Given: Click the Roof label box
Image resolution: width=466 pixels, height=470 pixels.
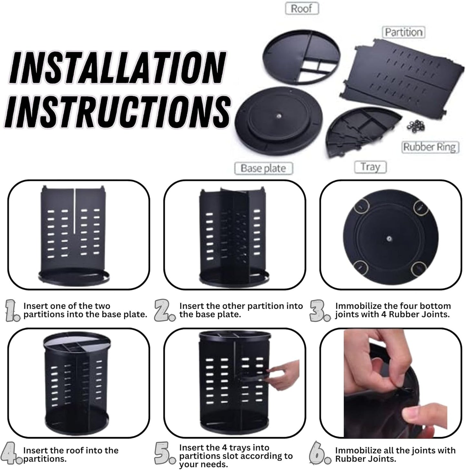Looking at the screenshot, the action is [x=302, y=8].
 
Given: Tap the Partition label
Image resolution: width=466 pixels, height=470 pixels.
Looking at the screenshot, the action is [x=403, y=32].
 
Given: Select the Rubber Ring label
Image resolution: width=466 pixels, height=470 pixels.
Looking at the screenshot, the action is [x=430, y=147].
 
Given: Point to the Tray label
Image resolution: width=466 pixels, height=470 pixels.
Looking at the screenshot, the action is [x=370, y=167].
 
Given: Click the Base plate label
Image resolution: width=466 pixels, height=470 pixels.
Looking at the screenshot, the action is [x=263, y=168].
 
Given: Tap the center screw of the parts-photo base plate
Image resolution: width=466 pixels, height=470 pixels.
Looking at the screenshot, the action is [x=278, y=116].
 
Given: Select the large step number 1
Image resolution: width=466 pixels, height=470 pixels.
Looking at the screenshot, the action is [x=12, y=310].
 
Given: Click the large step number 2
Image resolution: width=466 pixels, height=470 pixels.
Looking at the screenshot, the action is [x=164, y=310].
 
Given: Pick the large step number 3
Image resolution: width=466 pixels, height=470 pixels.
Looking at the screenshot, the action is [x=320, y=310].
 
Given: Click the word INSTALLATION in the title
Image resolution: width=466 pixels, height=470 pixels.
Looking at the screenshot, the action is [x=117, y=68].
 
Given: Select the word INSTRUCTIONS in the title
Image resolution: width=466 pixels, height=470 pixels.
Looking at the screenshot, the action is [x=118, y=110].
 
